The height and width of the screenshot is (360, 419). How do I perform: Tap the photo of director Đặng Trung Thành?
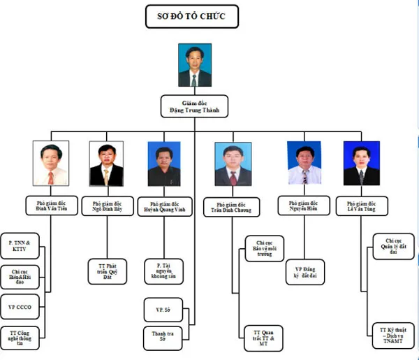click(x=194, y=66)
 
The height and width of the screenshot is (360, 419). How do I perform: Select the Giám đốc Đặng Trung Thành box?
click(x=193, y=106)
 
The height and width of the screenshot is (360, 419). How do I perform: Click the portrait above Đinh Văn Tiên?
click(x=50, y=164)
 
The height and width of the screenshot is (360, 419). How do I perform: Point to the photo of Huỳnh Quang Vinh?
click(x=164, y=164)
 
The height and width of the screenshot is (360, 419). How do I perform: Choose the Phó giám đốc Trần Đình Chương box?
click(x=232, y=207)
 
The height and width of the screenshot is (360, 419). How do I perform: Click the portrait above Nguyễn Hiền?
click(x=304, y=164)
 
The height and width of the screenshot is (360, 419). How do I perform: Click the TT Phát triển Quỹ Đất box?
click(x=107, y=271)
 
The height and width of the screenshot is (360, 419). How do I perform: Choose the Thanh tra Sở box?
click(x=162, y=338)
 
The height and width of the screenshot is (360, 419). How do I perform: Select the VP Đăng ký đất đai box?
click(x=304, y=271)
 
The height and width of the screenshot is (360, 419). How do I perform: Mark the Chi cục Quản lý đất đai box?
click(x=392, y=246)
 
